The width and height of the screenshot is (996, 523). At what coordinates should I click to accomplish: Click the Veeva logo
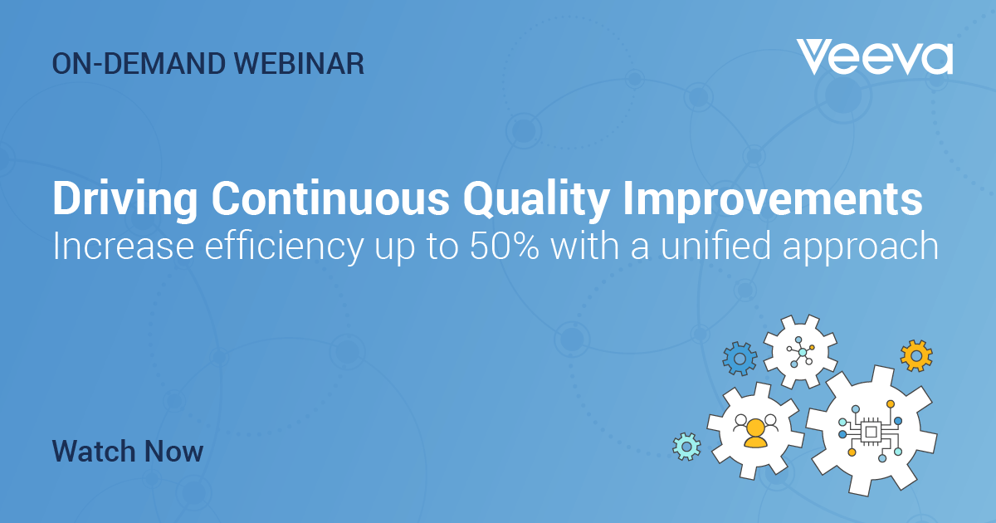coord(874,57)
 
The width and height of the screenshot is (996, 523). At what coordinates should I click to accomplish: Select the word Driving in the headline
coord(125,199)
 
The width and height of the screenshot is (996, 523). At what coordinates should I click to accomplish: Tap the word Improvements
coord(773,199)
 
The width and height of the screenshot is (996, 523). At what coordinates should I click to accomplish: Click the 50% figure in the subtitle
coord(505,246)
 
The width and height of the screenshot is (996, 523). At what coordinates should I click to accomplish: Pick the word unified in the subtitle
coord(715,245)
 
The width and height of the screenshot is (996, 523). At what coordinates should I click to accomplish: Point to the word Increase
coord(123,246)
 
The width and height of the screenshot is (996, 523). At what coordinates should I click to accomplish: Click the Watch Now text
coord(128,451)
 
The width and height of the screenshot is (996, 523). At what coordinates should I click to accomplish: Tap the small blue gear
coord(740,359)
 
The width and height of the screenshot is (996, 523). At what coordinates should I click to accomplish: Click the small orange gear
coord(916,355)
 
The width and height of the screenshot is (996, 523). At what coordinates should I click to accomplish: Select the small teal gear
coord(686,447)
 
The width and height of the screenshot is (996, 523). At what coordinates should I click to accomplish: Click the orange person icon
coord(755,433)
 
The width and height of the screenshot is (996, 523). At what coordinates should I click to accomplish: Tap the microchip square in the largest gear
coord(871,432)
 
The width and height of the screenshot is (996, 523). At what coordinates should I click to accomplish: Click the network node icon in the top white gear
coord(801,352)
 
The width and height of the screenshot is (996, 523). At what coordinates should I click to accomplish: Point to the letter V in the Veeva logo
coord(813,57)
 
